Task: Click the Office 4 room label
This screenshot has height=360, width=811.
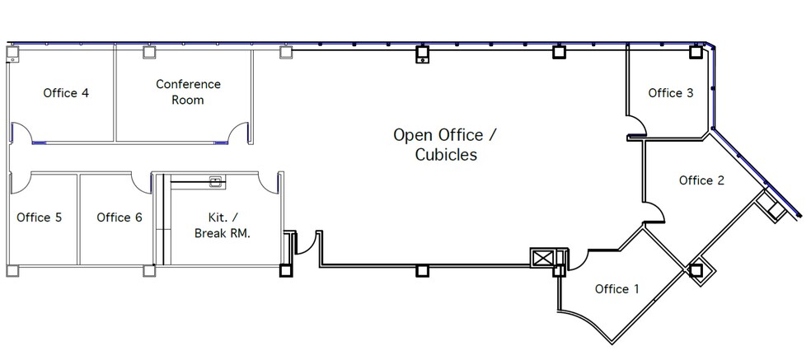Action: [66, 93]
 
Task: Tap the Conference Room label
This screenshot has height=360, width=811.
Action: [188, 91]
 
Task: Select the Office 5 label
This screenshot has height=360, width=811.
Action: [40, 217]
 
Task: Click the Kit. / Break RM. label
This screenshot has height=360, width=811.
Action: [222, 226]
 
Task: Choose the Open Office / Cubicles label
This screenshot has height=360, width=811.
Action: [445, 144]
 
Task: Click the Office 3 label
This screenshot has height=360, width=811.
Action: [671, 93]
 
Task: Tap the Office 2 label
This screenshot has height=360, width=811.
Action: [701, 180]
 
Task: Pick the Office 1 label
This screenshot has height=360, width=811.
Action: [616, 289]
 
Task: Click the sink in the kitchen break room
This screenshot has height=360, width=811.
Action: [217, 181]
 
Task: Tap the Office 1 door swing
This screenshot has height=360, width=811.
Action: [575, 257]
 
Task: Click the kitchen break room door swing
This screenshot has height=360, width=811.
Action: [267, 183]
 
